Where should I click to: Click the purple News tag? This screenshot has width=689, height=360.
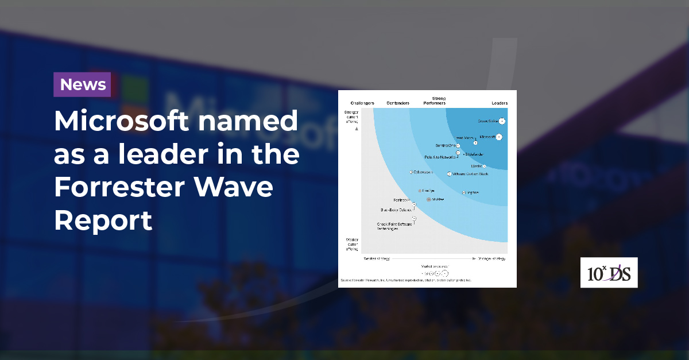(83, 84)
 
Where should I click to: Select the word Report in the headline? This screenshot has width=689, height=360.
(103, 220)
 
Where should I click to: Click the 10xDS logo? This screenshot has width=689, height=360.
(609, 273)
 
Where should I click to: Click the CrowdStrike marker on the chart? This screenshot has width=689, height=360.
(502, 121)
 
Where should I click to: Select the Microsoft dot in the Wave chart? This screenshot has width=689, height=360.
(499, 137)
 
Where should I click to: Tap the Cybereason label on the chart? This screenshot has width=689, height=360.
(423, 172)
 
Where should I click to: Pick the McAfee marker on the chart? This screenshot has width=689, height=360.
(428, 199)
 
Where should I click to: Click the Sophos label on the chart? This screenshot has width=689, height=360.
(473, 192)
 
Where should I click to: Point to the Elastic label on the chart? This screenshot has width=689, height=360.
(477, 167)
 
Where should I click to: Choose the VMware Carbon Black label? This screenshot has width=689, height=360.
(470, 173)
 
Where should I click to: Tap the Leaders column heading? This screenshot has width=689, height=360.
(500, 103)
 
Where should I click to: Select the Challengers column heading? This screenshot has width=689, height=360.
(362, 103)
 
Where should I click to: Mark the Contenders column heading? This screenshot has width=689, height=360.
(398, 103)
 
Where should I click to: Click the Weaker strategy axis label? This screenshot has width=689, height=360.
(377, 259)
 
